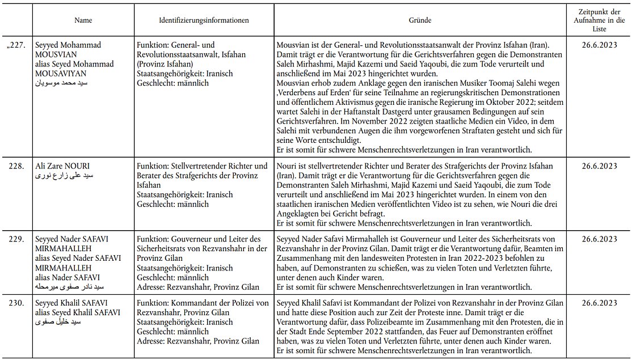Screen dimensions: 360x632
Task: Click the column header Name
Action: tap(83, 20)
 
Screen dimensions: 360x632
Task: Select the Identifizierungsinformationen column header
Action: tap(204, 20)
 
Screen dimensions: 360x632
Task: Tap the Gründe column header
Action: tap(420, 20)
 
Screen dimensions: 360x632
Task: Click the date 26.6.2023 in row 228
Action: tap(599, 166)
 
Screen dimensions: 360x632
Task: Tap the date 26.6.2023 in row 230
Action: tap(599, 303)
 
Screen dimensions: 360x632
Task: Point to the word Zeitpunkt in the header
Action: tap(599, 12)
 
